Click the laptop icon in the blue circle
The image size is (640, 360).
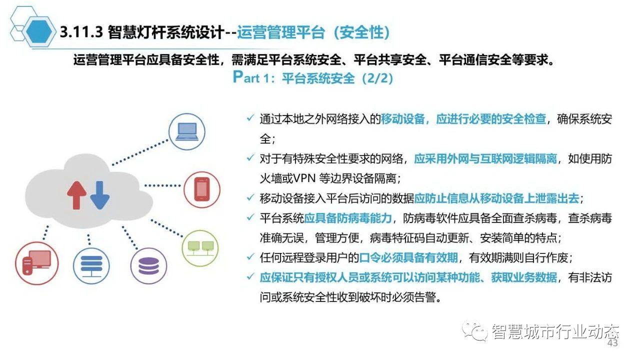click(187, 131)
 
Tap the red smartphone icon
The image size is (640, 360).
click(202, 189)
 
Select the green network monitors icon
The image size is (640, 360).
click(200, 248)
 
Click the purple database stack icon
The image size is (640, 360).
click(148, 265)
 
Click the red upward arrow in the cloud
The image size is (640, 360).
click(76, 195)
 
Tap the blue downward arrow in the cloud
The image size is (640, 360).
click(100, 195)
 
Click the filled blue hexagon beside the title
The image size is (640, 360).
click(39, 31)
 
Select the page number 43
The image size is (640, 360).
click(612, 343)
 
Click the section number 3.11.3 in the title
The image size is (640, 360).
click(81, 31)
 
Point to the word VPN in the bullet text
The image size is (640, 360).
click(304, 178)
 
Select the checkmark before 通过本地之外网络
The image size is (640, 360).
click(250, 117)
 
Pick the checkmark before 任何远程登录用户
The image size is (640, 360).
click(250, 257)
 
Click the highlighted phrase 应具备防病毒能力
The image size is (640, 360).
click(347, 218)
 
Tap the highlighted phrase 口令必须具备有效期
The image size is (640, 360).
click(408, 257)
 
